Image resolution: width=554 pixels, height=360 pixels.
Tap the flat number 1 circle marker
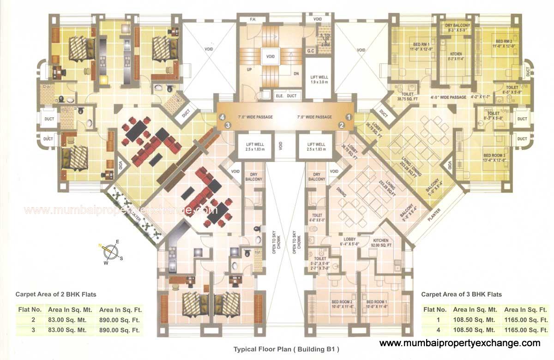click(x=349, y=117)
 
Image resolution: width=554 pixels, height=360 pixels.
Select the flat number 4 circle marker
click(x=222, y=117)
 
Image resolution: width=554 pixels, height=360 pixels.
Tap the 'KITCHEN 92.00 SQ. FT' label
click(x=381, y=243)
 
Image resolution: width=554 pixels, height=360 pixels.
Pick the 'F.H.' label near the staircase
click(x=253, y=19)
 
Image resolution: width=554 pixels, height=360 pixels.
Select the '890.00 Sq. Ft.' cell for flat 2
click(x=120, y=320)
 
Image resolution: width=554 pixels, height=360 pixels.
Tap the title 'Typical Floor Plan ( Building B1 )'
click(x=289, y=349)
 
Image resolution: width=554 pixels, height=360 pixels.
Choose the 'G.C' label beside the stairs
click(x=310, y=50)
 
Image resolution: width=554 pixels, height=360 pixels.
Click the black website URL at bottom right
click(x=459, y=343)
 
